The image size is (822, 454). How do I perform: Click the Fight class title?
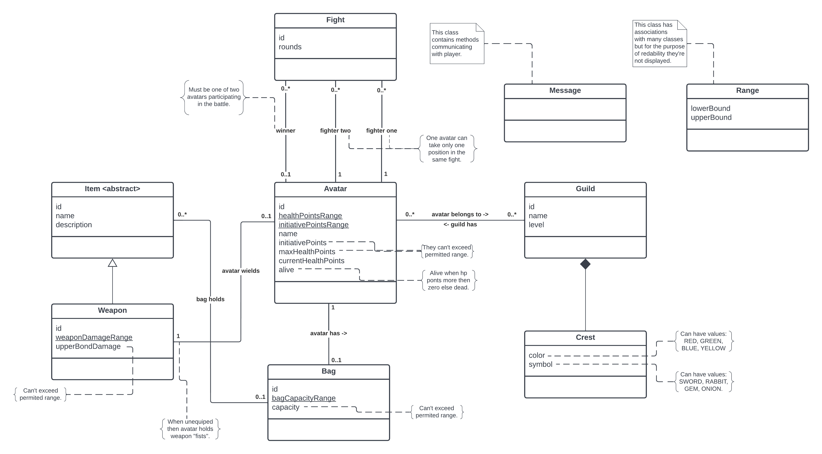[x=335, y=20]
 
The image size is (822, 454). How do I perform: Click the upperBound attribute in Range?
[x=711, y=117]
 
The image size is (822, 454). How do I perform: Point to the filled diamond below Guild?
[x=585, y=264]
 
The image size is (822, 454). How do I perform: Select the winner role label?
[x=286, y=130]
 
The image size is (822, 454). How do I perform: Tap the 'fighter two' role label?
[x=335, y=130]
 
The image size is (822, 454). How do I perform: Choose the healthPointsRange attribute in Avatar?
[x=310, y=216]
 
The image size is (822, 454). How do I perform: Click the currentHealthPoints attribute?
[x=311, y=261]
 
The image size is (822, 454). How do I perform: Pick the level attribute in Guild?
[x=536, y=225]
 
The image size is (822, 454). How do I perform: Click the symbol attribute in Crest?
[x=540, y=364]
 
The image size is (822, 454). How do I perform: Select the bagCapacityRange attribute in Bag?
[x=303, y=398]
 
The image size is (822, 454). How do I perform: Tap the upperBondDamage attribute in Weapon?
[x=88, y=346]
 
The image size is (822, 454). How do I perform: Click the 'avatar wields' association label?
[x=241, y=271]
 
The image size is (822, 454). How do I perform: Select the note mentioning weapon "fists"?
[x=190, y=429]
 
